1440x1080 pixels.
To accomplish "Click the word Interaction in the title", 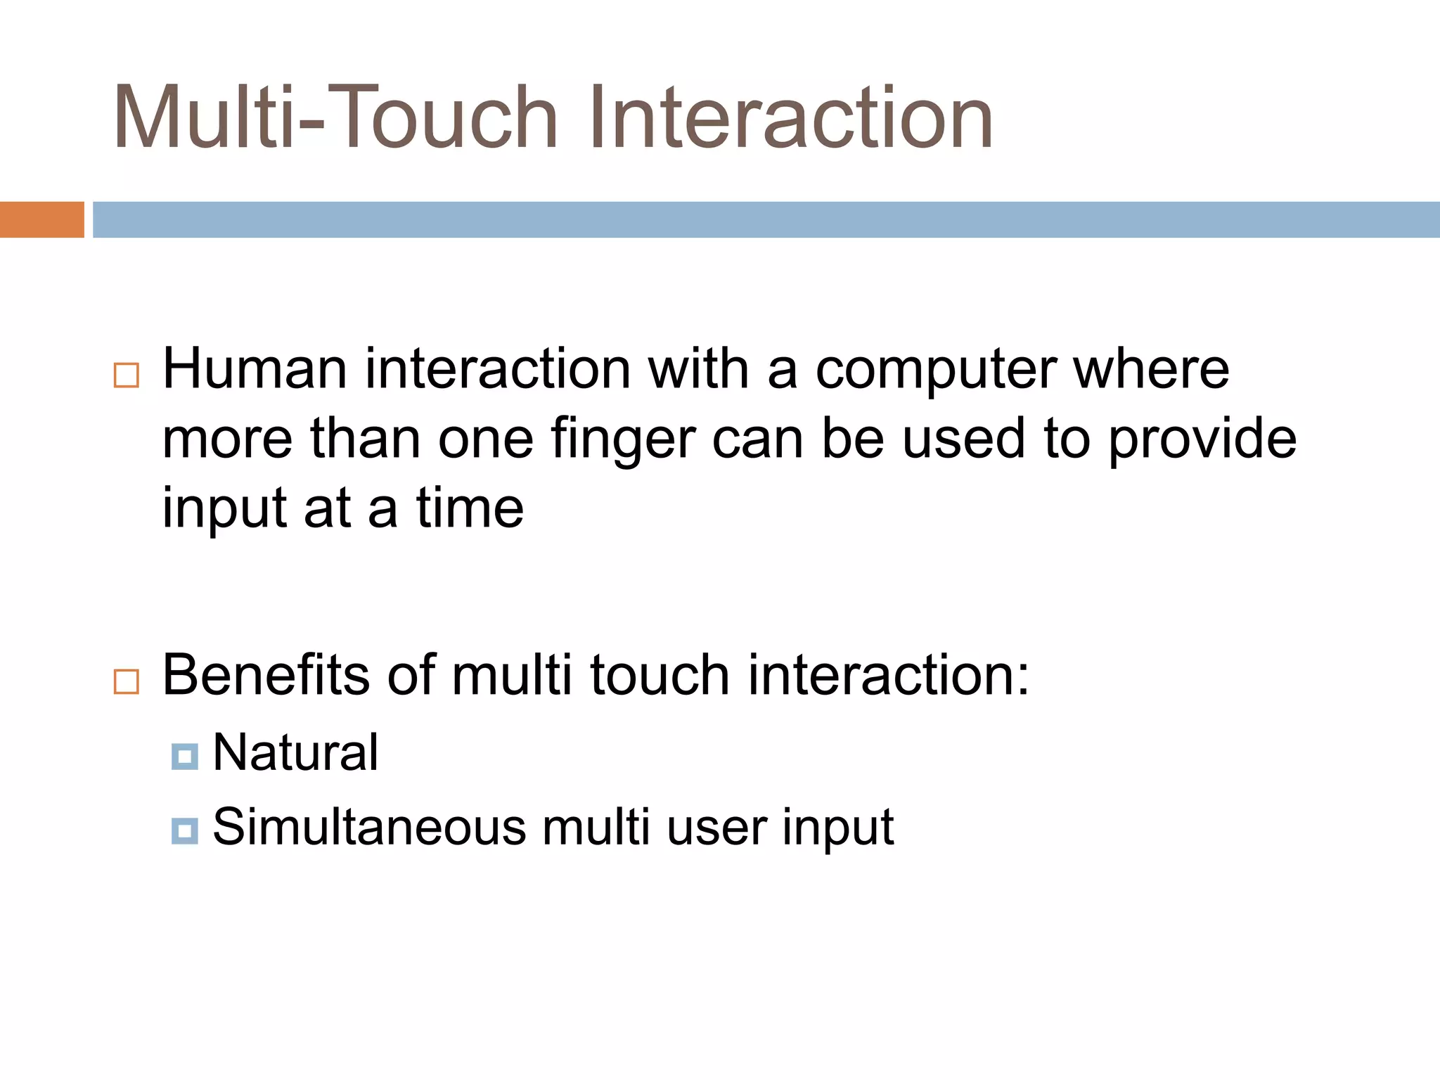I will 791,118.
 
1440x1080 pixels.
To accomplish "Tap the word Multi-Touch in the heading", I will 336,118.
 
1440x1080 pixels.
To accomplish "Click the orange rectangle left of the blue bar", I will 41,219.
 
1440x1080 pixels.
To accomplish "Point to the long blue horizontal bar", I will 766,219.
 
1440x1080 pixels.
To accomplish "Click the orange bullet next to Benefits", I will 127,681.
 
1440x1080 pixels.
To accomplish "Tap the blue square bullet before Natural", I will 184,757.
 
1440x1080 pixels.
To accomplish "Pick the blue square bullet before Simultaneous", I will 184,831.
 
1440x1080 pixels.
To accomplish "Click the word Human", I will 255,370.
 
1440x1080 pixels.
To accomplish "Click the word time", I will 470,508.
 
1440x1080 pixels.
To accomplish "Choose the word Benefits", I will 266,675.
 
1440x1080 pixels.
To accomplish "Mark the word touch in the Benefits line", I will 660,675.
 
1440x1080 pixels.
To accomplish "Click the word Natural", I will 295,752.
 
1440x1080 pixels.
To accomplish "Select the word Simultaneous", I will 369,827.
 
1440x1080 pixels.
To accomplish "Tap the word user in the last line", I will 716,828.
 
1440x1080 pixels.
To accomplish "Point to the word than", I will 366,439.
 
